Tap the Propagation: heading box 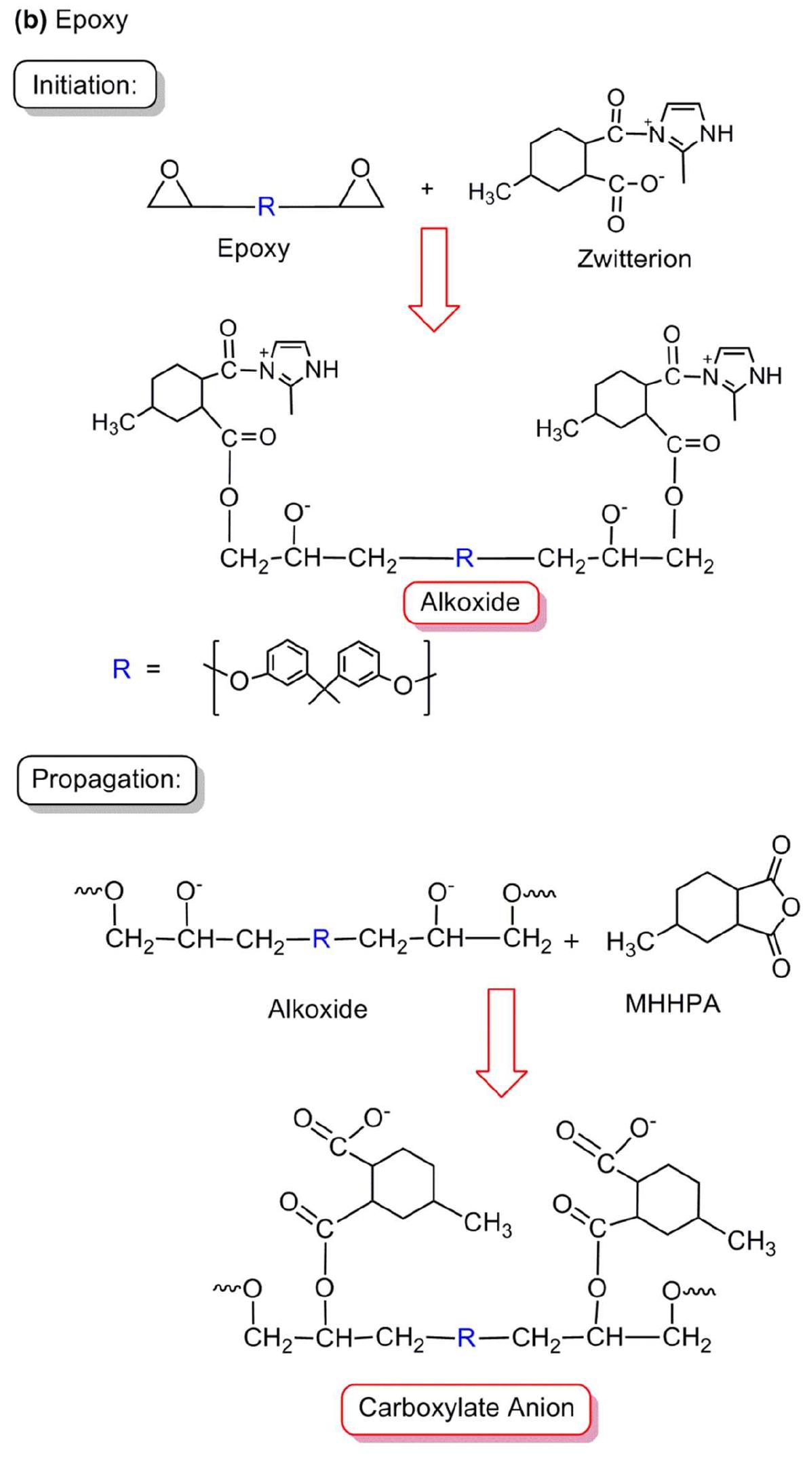coord(106,779)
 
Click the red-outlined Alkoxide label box coord(470,602)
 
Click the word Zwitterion coord(633,259)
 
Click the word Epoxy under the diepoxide coord(253,248)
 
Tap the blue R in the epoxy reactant coord(266,206)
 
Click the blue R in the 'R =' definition coord(121,669)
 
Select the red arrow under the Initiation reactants coord(434,278)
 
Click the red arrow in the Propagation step coord(501,1041)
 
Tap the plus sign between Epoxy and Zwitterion coord(427,189)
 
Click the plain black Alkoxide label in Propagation coord(317,1009)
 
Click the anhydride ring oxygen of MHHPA coord(790,907)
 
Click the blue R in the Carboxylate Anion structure coord(466,1337)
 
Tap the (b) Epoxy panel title coord(71,20)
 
